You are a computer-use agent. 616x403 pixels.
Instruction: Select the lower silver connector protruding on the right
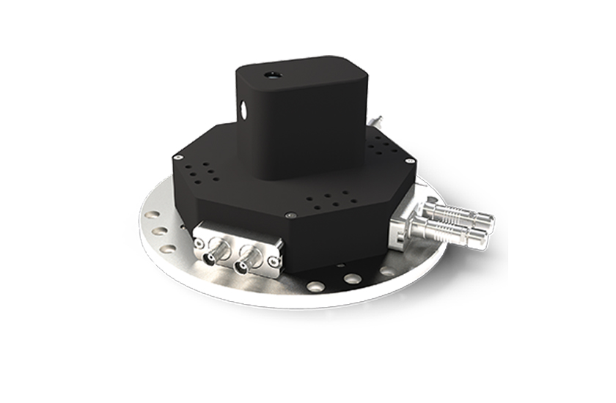pyautogui.click(x=450, y=232)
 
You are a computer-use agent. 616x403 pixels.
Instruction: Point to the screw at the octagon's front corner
pyautogui.click(x=292, y=215)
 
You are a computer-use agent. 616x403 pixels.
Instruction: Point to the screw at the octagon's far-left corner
pyautogui.click(x=177, y=156)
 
